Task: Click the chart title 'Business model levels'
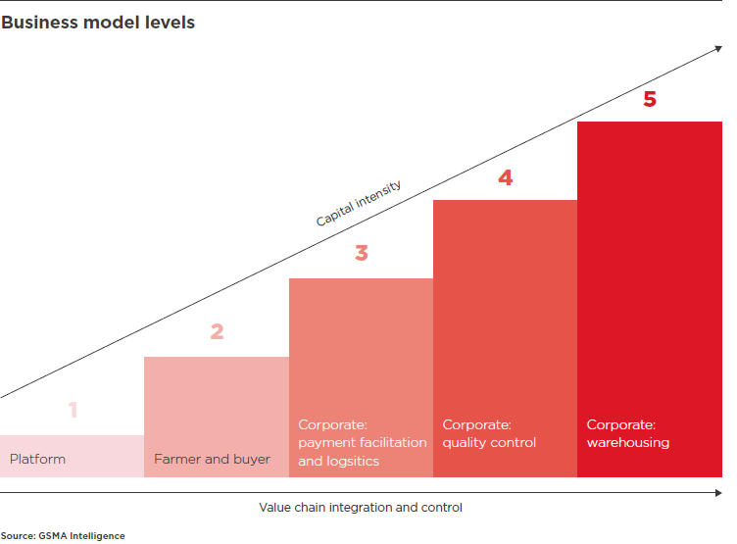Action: tap(98, 23)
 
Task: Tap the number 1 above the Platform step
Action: tap(73, 410)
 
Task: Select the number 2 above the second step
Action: tap(217, 331)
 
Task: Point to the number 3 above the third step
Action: tap(361, 253)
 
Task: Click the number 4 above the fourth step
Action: tap(506, 177)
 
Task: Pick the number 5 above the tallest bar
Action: tap(650, 99)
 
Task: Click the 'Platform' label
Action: tap(37, 459)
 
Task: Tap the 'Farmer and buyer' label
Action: tap(212, 459)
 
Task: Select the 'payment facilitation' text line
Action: tap(363, 443)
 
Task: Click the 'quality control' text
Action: tap(489, 443)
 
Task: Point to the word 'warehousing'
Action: tap(628, 443)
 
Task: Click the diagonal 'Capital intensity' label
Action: tap(358, 203)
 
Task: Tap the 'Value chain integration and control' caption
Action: tap(361, 508)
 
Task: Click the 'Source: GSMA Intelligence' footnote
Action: tap(63, 536)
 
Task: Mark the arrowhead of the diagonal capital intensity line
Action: tap(718, 48)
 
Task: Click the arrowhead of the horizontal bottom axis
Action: tap(718, 493)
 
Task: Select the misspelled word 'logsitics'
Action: tap(353, 462)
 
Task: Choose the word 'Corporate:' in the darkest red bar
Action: tap(621, 424)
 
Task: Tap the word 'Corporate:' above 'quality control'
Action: tap(476, 424)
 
